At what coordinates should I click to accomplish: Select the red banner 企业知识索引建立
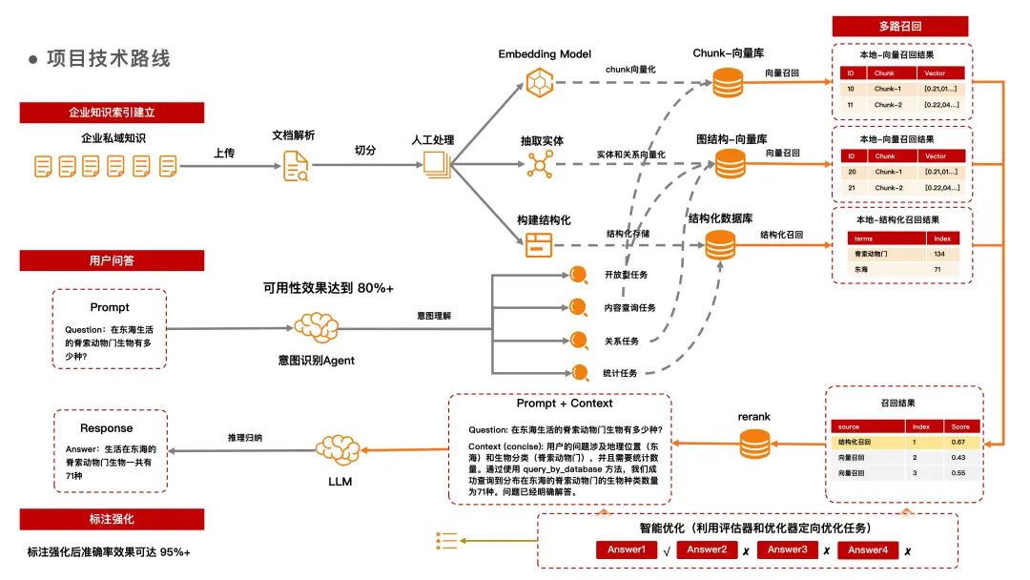point(112,112)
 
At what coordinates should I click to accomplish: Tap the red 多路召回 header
point(899,26)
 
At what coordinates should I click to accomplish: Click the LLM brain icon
point(339,448)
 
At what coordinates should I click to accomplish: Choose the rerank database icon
point(753,443)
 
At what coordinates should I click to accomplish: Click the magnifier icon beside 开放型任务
point(578,275)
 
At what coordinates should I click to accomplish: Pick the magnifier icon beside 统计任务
point(578,372)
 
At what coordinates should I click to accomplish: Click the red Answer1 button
point(627,550)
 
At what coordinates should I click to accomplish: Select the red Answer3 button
point(788,550)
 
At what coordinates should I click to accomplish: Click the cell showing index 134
point(938,255)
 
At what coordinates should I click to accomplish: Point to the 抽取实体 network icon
point(540,165)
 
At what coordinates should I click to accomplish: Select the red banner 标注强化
point(112,519)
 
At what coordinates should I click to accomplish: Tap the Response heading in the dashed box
point(106,428)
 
